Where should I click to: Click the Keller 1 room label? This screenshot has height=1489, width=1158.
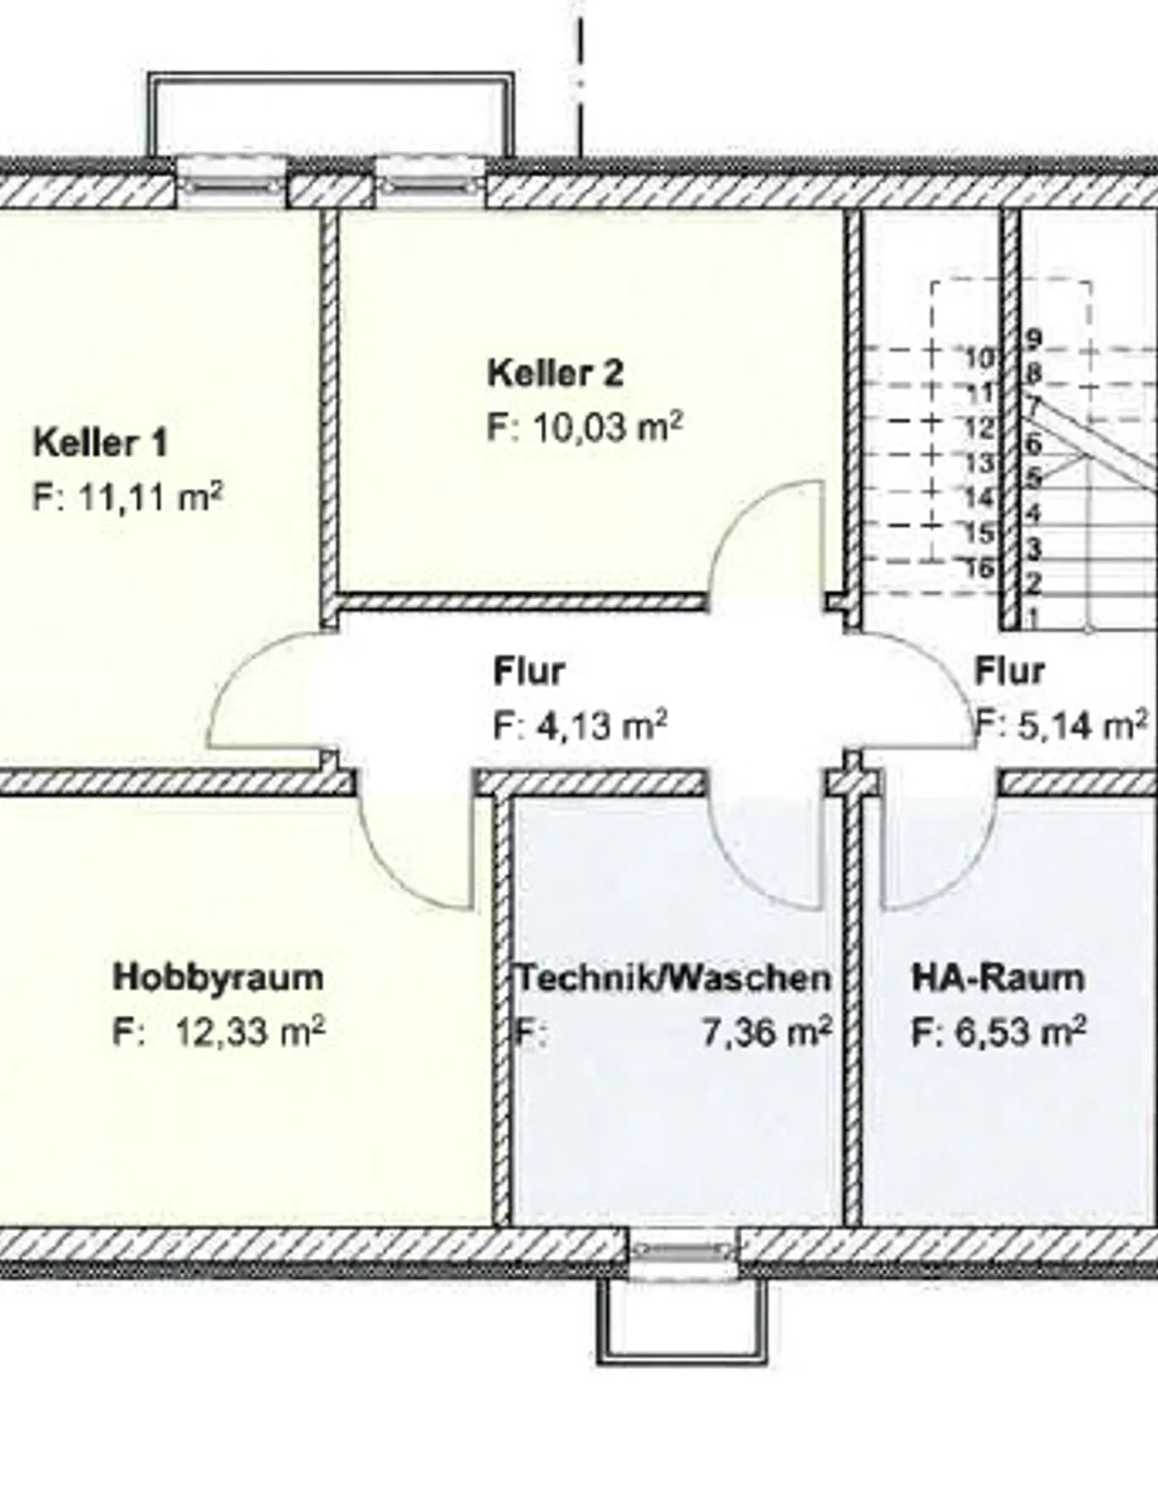coord(100,443)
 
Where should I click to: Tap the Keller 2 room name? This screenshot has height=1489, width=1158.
coord(555,373)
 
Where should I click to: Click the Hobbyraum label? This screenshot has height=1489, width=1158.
coord(218,977)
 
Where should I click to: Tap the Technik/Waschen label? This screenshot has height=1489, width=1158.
coord(673,979)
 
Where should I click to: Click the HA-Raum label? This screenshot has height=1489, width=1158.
coord(998,978)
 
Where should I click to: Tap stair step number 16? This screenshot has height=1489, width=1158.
coord(979,568)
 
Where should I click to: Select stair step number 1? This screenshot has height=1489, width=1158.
coord(1033,617)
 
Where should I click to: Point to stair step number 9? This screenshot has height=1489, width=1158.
coord(1034,338)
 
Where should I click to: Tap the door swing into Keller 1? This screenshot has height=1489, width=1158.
coord(265,695)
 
